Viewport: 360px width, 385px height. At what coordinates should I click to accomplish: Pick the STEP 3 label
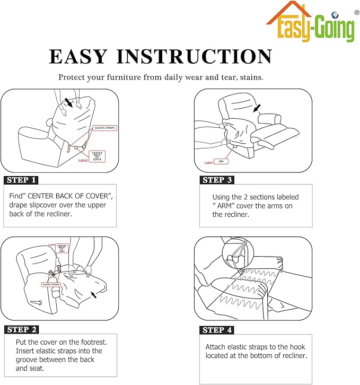217,180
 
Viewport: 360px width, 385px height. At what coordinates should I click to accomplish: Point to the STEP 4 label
217,330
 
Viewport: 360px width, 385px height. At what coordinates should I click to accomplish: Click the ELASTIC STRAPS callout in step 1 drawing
105,128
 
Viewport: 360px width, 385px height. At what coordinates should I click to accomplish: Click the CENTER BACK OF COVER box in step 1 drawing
97,156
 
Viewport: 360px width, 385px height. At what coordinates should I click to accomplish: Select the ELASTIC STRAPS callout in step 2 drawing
51,285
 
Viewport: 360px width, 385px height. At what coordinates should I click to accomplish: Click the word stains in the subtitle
251,77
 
